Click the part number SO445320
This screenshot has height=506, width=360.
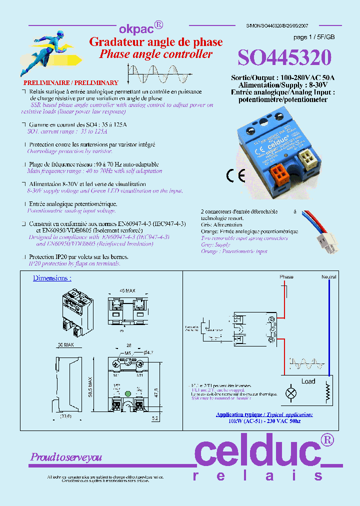pyautogui.click(x=284, y=58)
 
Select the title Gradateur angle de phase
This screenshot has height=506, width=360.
pyautogui.click(x=155, y=42)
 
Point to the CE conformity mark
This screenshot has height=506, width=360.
pyautogui.click(x=235, y=175)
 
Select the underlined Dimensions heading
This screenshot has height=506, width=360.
pyautogui.click(x=52, y=278)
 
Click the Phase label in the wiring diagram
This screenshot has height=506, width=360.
pyautogui.click(x=286, y=277)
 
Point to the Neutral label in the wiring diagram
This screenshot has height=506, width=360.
pyautogui.click(x=328, y=277)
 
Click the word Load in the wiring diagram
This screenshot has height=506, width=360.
pyautogui.click(x=308, y=381)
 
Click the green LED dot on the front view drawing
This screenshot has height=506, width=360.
pyautogui.click(x=128, y=393)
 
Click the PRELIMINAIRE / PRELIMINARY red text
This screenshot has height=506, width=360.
pyautogui.click(x=71, y=83)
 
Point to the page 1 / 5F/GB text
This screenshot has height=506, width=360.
pyautogui.click(x=314, y=37)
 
